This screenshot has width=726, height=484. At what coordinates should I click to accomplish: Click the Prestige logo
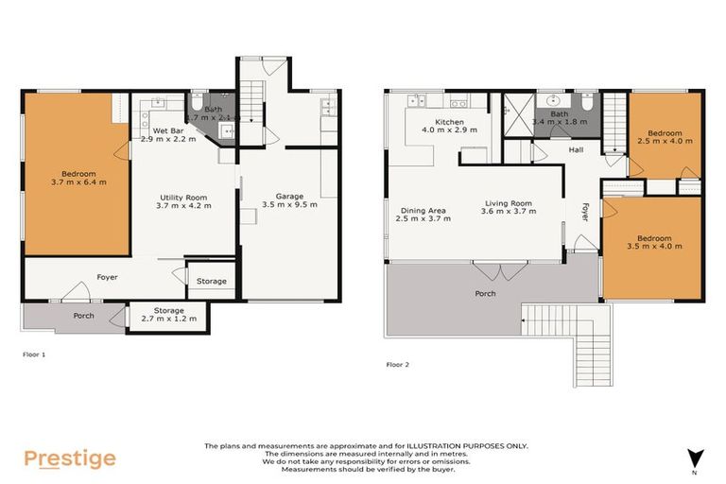(x=70, y=458)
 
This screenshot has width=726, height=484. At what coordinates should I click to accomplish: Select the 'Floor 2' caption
(x=398, y=363)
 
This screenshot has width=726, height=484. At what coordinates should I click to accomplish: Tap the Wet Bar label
(x=155, y=130)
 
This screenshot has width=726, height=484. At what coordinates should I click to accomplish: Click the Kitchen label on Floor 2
(x=449, y=123)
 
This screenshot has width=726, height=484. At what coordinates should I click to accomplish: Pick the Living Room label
(x=509, y=203)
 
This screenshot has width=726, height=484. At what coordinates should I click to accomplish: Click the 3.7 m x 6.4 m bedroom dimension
(x=77, y=182)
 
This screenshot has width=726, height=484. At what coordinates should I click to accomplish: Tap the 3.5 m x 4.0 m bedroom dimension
(x=653, y=246)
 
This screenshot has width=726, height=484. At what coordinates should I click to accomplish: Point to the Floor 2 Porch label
(x=485, y=293)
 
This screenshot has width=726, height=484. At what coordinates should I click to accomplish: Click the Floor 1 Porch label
(x=83, y=315)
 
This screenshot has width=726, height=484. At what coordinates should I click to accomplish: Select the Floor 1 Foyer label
(x=106, y=278)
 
